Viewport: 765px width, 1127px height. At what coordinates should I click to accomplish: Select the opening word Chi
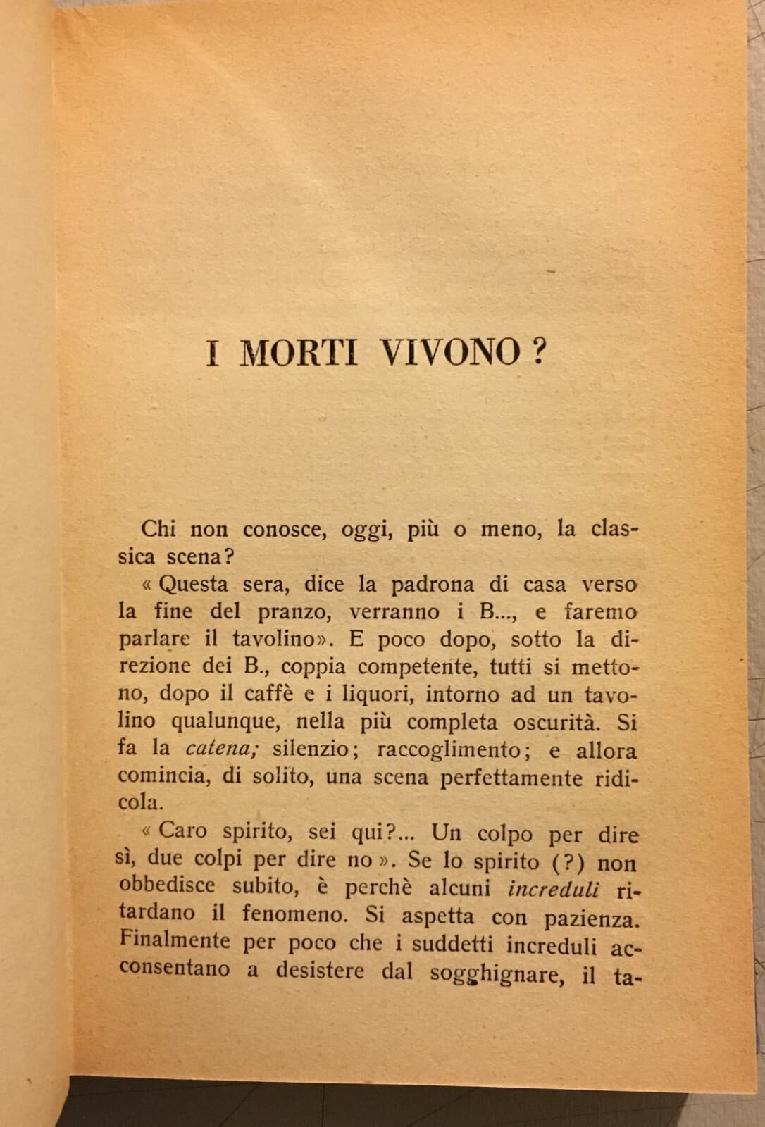click(158, 529)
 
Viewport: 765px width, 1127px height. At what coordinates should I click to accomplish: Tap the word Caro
click(183, 831)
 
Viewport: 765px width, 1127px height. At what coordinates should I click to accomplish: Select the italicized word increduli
click(554, 890)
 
